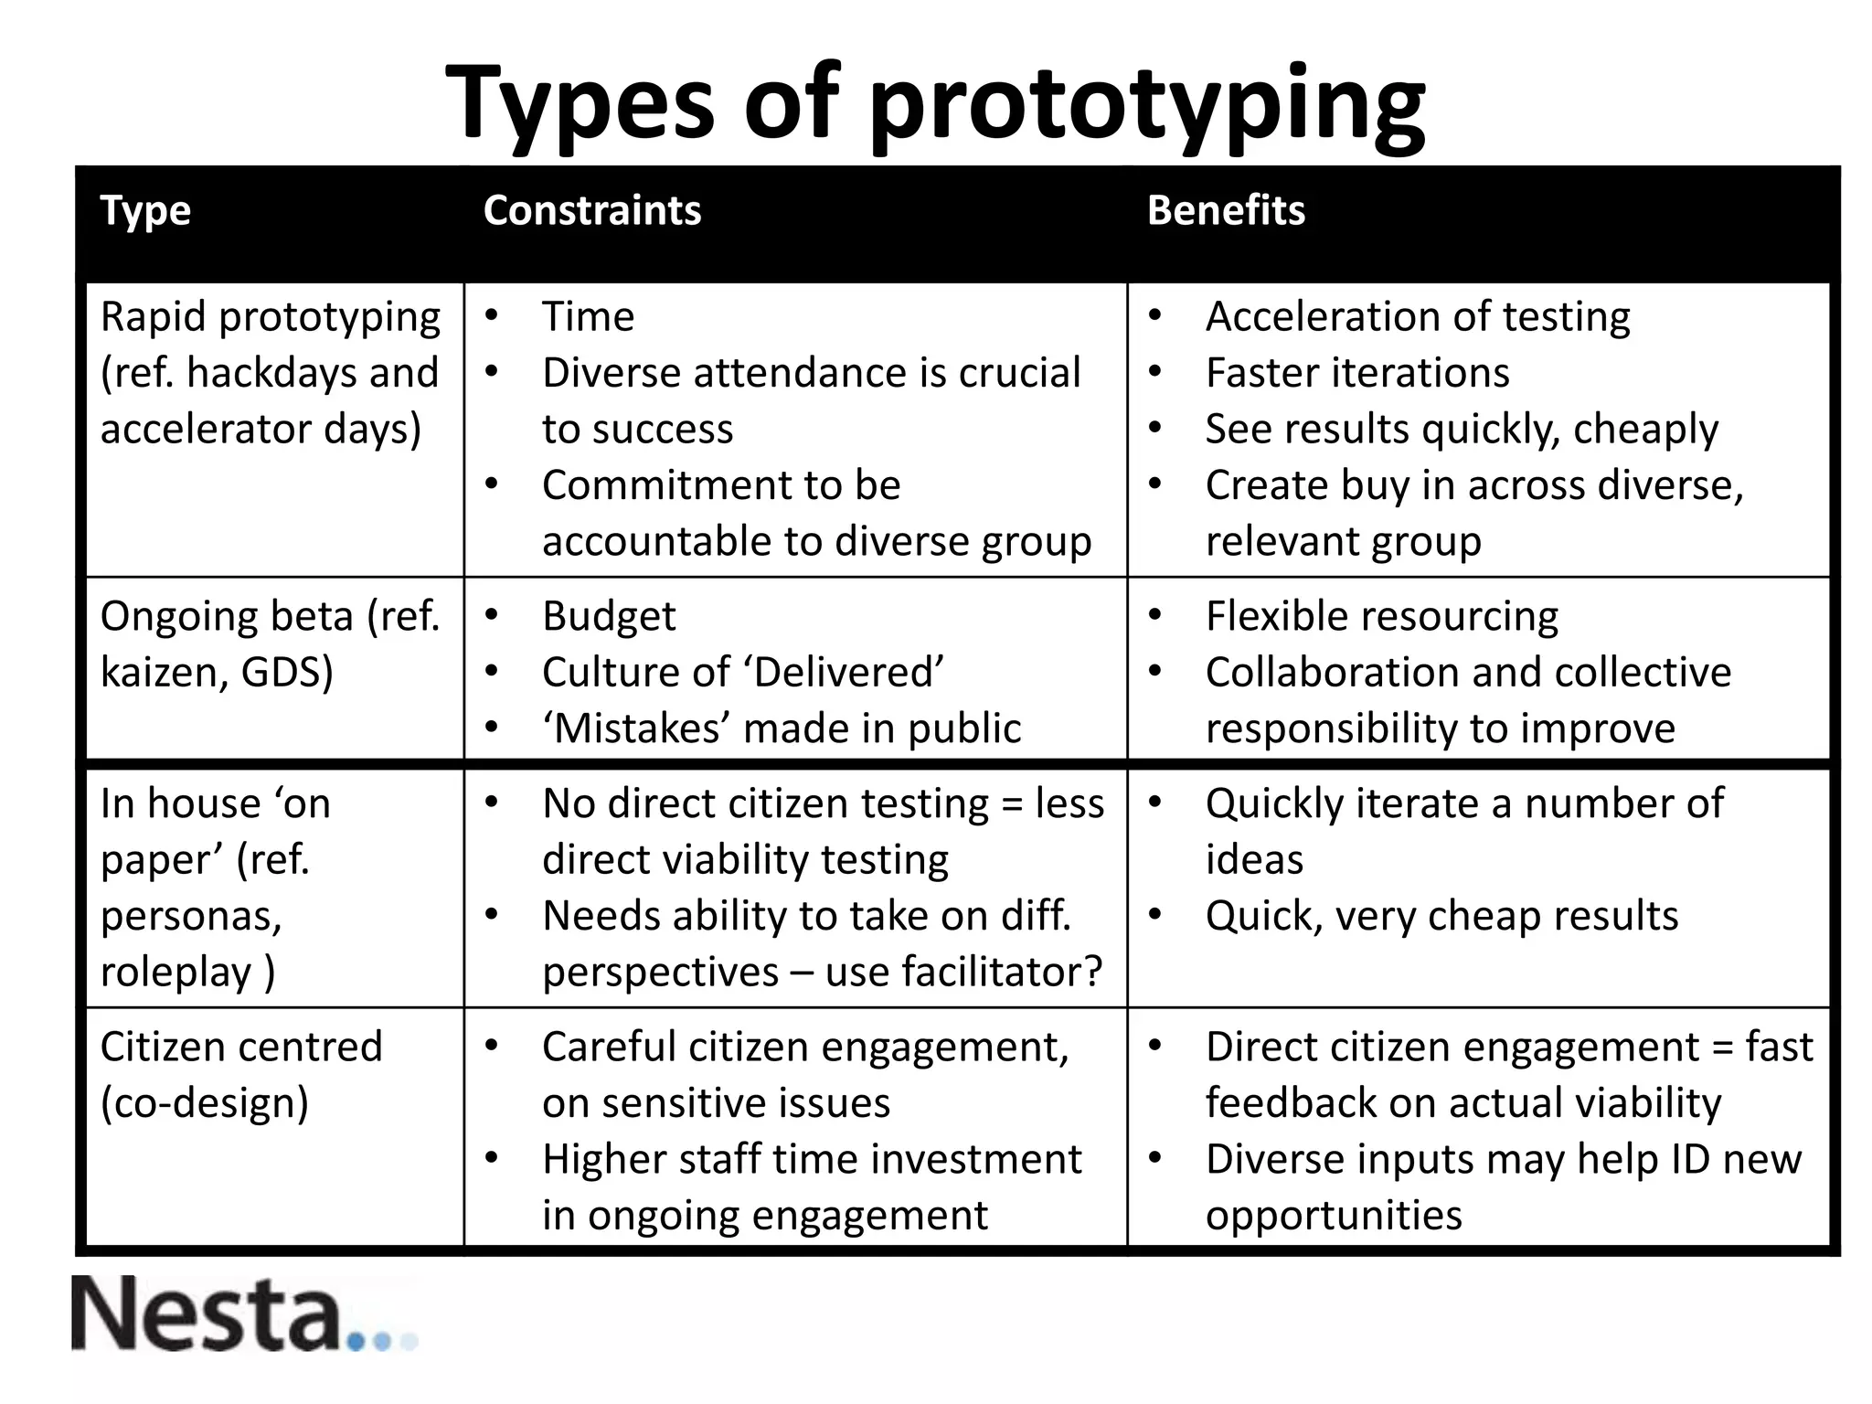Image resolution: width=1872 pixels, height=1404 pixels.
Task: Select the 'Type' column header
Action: pyautogui.click(x=145, y=211)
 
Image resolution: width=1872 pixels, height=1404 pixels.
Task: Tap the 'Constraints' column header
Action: pyautogui.click(x=591, y=211)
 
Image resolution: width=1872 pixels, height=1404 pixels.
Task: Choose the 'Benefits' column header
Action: pyautogui.click(x=1226, y=211)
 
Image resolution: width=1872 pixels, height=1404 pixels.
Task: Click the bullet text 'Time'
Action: pyautogui.click(x=588, y=317)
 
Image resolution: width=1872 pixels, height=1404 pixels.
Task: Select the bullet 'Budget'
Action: pyautogui.click(x=609, y=617)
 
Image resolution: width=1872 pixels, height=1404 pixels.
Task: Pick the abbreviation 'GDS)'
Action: pyautogui.click(x=287, y=674)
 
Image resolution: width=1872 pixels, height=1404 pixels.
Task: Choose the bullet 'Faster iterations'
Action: pyautogui.click(x=1356, y=373)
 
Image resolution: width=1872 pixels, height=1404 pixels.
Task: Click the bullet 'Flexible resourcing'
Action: pyautogui.click(x=1381, y=617)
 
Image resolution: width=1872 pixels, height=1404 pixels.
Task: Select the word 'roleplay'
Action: pyautogui.click(x=175, y=972)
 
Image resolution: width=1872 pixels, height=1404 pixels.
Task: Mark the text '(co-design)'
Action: pyautogui.click(x=205, y=1103)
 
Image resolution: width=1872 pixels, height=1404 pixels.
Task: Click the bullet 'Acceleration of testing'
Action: pyautogui.click(x=1417, y=317)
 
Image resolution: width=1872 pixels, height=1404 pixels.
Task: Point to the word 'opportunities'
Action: pyautogui.click(x=1334, y=1216)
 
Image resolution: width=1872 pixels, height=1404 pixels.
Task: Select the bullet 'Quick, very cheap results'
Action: pyautogui.click(x=1441, y=916)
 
